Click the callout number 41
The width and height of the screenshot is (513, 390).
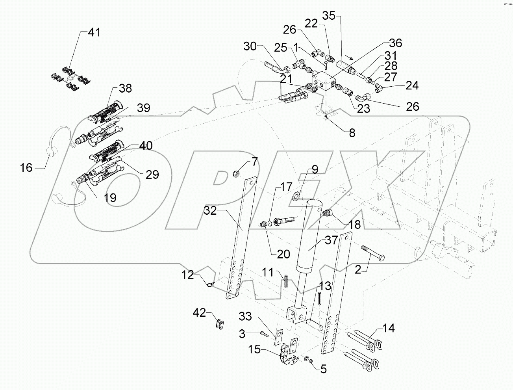(94, 32)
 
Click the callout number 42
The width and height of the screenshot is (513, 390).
(199, 314)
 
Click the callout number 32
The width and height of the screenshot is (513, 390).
(210, 211)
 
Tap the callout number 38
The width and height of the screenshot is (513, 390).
(125, 88)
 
